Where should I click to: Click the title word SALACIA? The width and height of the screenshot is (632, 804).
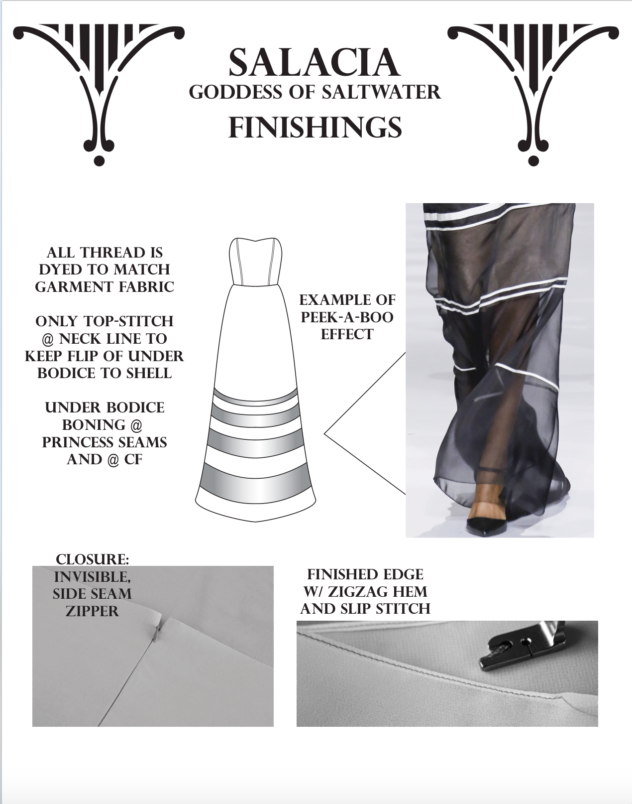314,63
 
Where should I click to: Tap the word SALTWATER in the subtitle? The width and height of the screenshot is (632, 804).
381,92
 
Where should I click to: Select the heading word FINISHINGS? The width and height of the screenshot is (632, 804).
315,128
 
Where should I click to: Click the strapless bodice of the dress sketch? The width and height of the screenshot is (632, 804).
255,262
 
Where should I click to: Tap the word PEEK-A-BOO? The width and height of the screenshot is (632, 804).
347,317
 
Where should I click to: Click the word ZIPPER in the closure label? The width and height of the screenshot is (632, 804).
92,611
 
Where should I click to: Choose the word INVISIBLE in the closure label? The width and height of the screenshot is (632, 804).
93,578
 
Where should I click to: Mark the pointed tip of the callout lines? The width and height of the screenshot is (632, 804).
324,434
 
